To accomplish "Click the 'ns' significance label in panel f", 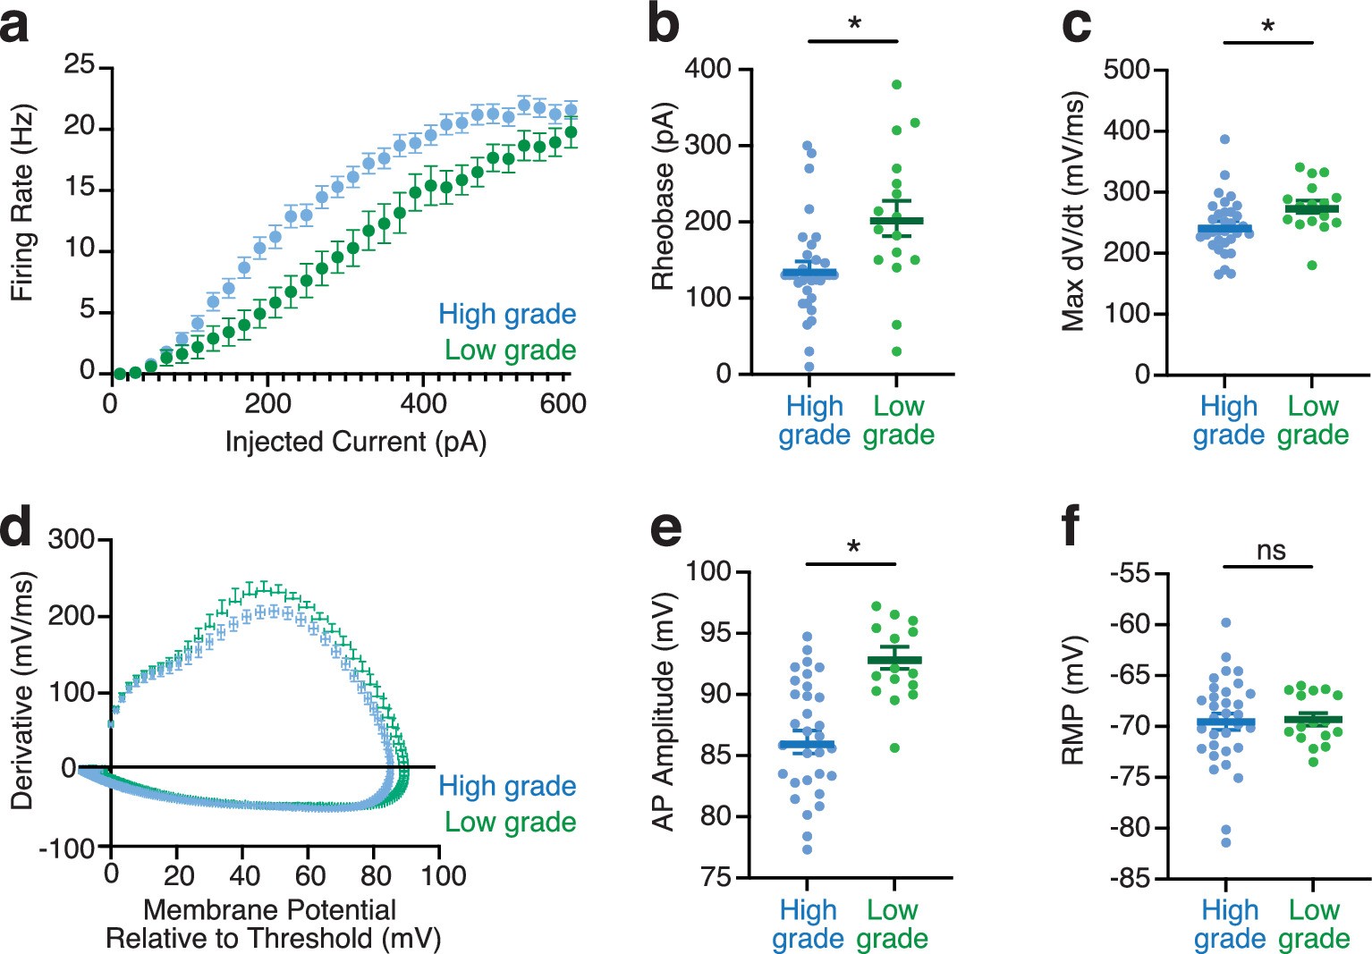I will (1270, 550).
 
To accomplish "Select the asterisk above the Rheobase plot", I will (854, 24).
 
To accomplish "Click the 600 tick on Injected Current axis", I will (563, 404).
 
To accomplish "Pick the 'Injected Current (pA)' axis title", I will (355, 442).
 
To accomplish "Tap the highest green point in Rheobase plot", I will (896, 85).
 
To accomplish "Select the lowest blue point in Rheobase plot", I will (809, 367).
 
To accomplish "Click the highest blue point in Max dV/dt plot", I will (1224, 139).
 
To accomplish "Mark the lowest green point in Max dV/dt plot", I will (1312, 265).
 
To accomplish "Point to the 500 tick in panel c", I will (1126, 70).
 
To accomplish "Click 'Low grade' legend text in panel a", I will (510, 350).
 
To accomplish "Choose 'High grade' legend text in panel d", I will (506, 786).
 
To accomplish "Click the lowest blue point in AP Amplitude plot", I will (807, 849).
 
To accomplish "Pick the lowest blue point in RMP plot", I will (1225, 842).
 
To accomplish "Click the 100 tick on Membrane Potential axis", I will (444, 875).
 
